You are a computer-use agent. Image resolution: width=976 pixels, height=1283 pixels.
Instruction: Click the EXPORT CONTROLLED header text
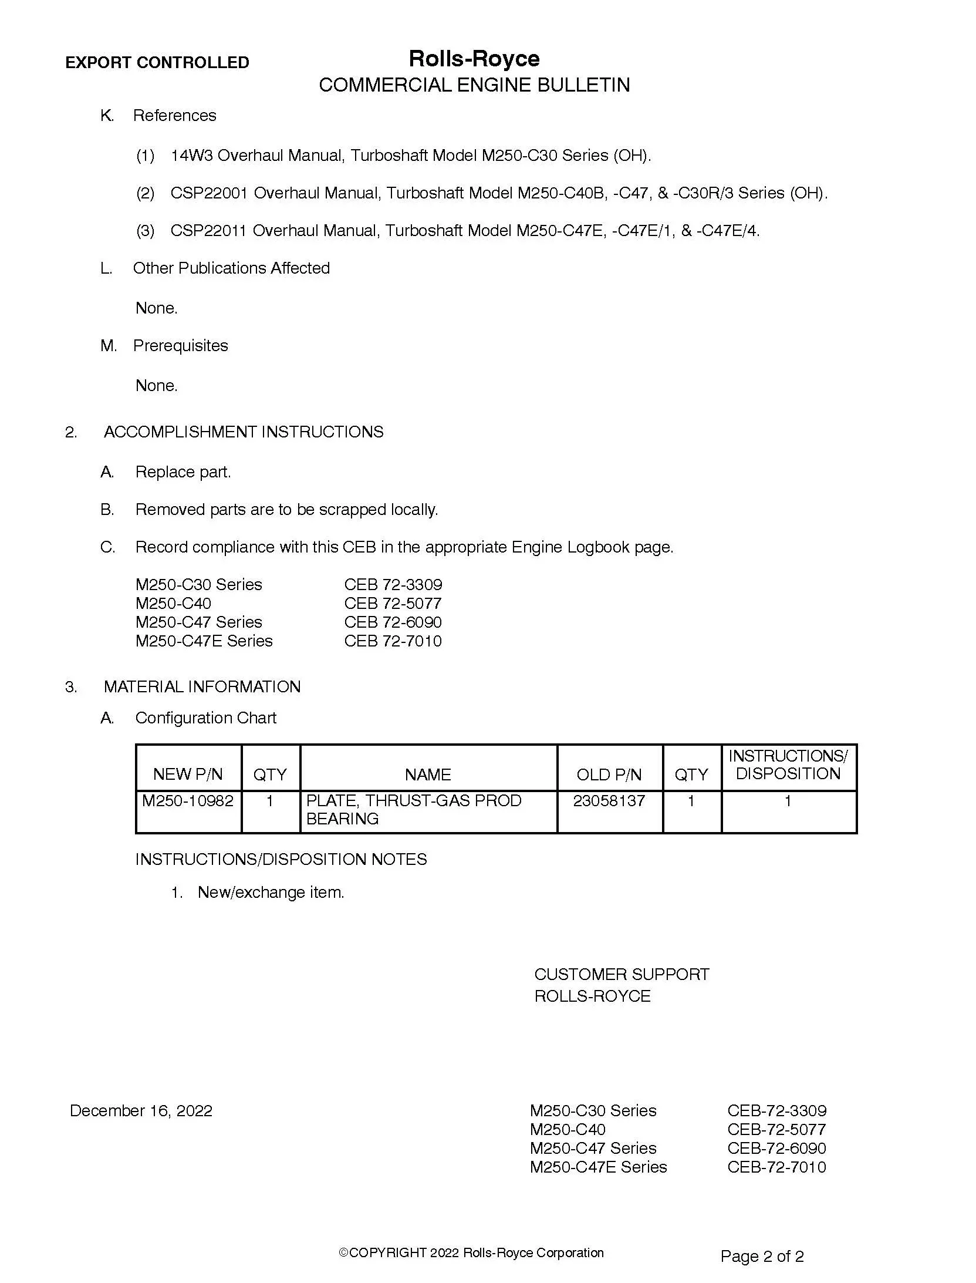click(157, 62)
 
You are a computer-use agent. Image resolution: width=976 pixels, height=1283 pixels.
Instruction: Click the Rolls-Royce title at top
click(474, 59)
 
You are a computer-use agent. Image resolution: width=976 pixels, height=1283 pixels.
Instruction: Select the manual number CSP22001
click(209, 193)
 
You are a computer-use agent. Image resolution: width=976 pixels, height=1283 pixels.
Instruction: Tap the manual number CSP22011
click(208, 231)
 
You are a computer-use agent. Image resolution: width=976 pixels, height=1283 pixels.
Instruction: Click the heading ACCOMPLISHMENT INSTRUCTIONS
click(243, 432)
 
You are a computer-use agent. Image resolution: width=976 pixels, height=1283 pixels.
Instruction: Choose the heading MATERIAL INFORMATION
click(202, 686)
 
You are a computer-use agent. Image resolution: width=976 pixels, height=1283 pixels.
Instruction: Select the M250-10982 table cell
click(188, 800)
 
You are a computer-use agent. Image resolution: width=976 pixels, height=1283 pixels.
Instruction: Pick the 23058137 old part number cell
click(609, 800)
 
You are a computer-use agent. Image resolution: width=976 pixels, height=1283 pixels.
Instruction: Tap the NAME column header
click(428, 774)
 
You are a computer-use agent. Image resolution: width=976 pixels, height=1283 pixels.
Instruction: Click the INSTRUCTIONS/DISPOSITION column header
click(788, 765)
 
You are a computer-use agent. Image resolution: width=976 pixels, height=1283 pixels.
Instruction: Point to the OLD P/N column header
click(609, 774)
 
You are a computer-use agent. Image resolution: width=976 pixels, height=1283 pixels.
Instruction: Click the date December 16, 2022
click(141, 1110)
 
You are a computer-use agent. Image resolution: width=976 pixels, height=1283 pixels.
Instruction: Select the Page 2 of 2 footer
click(762, 1256)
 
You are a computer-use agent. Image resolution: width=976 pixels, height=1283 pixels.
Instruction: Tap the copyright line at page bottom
click(471, 1252)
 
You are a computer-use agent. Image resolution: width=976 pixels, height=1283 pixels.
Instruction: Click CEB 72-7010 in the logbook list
click(393, 641)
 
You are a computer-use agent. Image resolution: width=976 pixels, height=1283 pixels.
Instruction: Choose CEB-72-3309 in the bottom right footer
click(776, 1110)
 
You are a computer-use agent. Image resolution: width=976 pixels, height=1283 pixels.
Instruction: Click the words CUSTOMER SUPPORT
click(621, 974)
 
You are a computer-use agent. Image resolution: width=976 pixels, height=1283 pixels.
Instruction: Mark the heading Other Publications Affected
click(231, 268)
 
